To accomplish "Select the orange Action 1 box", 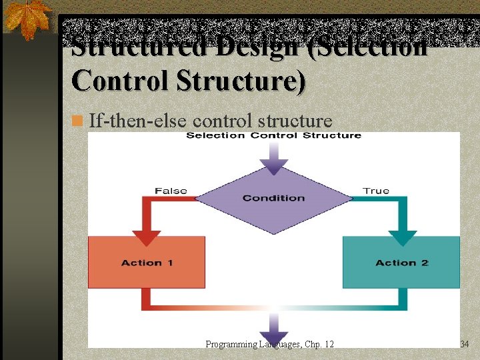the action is [x=147, y=262].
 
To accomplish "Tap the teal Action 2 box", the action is [x=401, y=262].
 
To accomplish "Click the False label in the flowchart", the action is [x=171, y=191].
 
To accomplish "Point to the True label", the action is [x=376, y=191].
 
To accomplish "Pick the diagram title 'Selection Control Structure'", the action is [x=273, y=136].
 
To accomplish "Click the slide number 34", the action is [x=465, y=344].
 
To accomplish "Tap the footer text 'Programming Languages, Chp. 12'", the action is [x=269, y=344].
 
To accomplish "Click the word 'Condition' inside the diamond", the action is [x=273, y=198].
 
